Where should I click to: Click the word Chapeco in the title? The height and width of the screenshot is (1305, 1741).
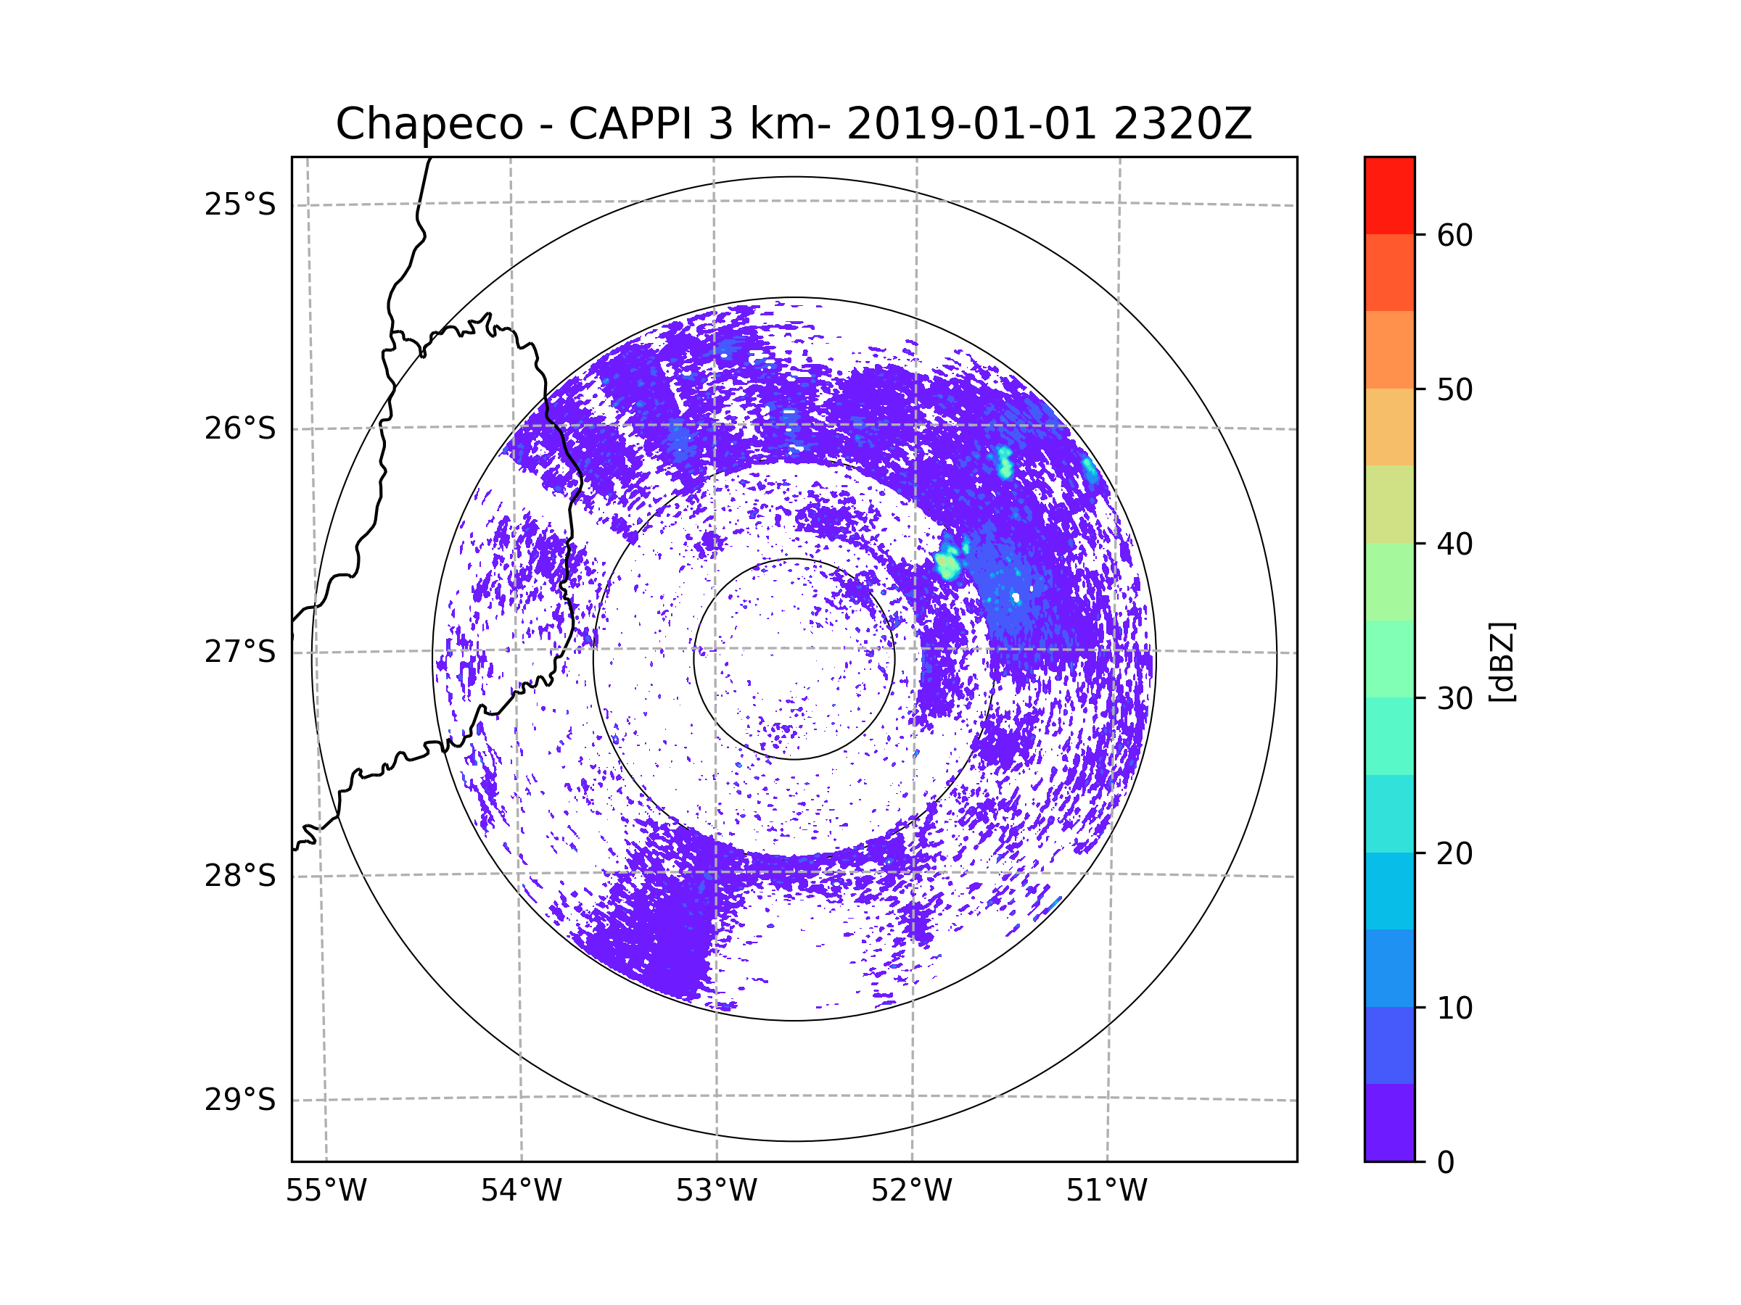pos(429,124)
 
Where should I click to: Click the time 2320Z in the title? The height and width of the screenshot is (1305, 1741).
pos(1182,124)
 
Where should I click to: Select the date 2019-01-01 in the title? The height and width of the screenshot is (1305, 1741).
pos(971,124)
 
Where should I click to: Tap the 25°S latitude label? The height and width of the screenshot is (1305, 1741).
pos(240,204)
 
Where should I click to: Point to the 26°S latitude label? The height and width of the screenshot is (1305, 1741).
pos(240,428)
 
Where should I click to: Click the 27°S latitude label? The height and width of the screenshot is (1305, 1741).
pos(240,652)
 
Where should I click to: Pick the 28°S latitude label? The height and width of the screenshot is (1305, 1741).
pos(240,876)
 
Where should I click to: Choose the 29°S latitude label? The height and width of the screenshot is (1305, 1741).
pos(240,1100)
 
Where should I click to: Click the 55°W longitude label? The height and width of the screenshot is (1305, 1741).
pos(326,1191)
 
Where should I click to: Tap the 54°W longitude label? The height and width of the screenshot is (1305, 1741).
pos(521,1191)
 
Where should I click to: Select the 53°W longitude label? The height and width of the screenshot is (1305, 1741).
pos(716,1191)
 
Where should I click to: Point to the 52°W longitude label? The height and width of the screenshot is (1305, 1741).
pos(911,1191)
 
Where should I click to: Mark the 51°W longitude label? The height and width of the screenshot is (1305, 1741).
pos(1106,1191)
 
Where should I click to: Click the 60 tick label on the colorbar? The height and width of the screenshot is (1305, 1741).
pos(1454,235)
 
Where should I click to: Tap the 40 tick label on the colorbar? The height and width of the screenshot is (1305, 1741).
pos(1454,544)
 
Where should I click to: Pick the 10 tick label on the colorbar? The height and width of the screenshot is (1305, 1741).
pos(1454,1008)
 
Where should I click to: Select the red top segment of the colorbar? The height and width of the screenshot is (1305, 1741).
pos(1389,195)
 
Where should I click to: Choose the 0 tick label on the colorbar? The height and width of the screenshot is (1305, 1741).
pos(1446,1163)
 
